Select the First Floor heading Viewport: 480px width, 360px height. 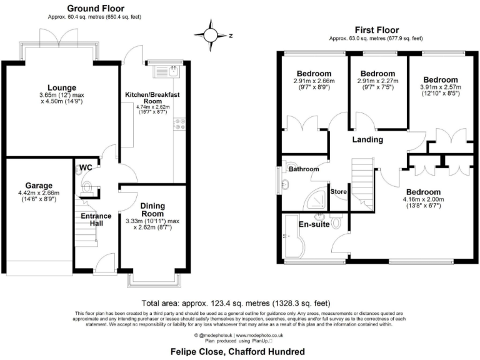pyautogui.click(x=376, y=30)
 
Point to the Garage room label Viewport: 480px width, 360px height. pyautogui.click(x=39, y=186)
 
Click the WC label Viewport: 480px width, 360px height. pyautogui.click(x=86, y=167)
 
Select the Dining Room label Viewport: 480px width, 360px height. pyautogui.click(x=152, y=209)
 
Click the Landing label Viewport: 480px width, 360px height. pyautogui.click(x=367, y=139)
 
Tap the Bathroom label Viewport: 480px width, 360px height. pyautogui.click(x=304, y=169)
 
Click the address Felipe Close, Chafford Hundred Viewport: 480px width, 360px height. pyautogui.click(x=238, y=352)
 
